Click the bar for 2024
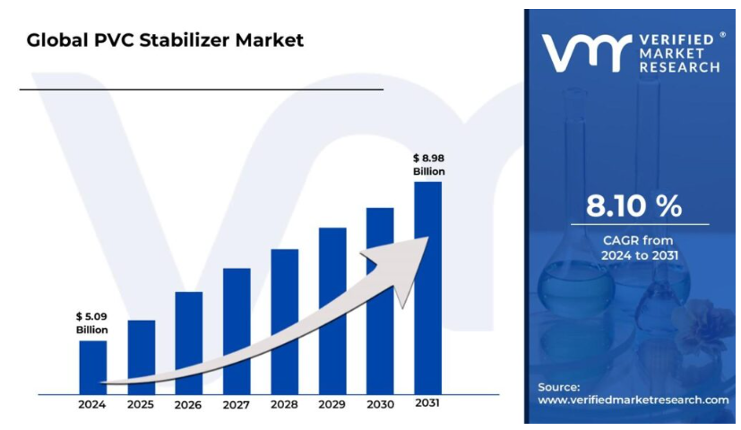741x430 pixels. pos(92,366)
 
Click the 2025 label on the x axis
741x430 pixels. pos(141,405)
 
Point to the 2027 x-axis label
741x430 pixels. pos(236,405)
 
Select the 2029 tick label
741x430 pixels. pos(332,405)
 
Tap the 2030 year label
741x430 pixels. pos(380,405)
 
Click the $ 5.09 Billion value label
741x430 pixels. pos(90,322)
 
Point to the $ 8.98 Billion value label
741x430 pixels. pos(428,164)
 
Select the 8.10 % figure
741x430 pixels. pos(633,206)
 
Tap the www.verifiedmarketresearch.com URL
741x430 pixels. pos(633,400)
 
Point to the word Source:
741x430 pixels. pos(558,386)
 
